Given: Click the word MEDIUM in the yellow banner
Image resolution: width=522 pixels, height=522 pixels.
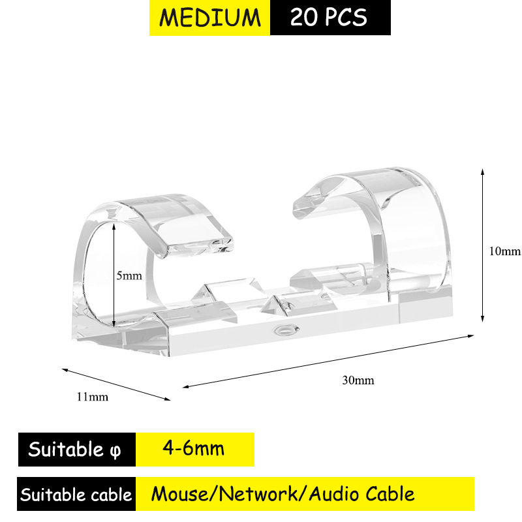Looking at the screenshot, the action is click(x=209, y=18).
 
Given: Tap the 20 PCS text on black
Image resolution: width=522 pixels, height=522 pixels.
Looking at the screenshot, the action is click(x=329, y=18).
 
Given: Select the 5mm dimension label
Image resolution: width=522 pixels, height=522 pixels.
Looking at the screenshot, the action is click(x=129, y=275).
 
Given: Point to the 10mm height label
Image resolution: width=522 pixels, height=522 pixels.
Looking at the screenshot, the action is click(x=504, y=251).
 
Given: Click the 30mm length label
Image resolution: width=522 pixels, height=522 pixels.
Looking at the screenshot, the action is click(x=358, y=380).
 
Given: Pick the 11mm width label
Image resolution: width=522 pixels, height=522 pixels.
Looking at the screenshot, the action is click(x=93, y=397).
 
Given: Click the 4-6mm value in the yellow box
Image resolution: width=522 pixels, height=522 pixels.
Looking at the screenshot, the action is click(x=193, y=448).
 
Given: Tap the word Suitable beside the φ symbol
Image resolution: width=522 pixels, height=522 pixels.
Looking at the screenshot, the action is click(x=66, y=449).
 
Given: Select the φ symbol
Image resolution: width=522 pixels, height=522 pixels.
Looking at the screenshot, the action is click(x=115, y=452).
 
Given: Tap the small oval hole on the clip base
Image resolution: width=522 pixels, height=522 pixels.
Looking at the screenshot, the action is click(x=286, y=330).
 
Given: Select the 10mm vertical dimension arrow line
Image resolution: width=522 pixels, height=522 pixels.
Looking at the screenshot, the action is click(x=482, y=245).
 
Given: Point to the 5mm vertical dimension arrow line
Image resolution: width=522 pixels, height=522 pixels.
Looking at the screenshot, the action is click(x=114, y=275).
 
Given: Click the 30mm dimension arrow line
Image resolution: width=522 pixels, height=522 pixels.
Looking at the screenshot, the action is click(x=328, y=361).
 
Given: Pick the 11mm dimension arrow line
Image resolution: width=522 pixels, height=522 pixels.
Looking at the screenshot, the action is click(x=116, y=384).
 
